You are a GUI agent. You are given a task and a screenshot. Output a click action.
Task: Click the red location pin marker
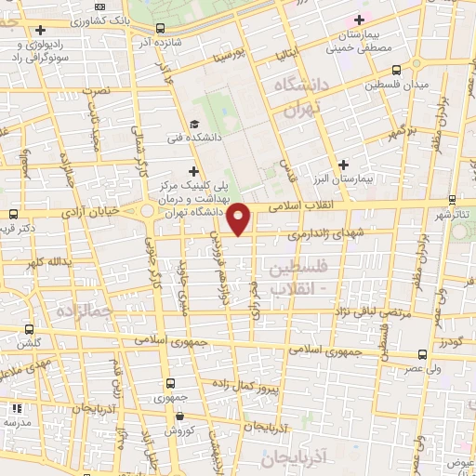point(240,218)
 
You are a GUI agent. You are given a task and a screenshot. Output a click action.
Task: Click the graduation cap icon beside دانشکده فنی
point(194,125)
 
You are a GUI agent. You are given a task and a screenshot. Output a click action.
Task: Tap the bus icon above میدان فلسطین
point(397,69)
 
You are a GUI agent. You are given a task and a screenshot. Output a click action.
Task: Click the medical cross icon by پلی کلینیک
point(193,170)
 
